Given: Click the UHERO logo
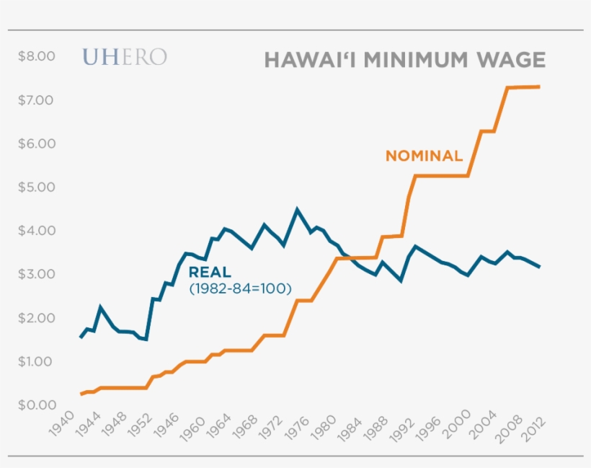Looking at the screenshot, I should click(x=125, y=58).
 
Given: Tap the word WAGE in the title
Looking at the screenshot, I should click(x=514, y=59).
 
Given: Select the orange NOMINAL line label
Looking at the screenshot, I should click(x=424, y=155).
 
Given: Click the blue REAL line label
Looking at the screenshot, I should click(x=210, y=272).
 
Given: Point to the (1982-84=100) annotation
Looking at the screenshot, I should click(x=239, y=288).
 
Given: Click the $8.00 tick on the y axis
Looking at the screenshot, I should click(x=36, y=56).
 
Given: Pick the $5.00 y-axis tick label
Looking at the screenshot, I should click(x=36, y=187).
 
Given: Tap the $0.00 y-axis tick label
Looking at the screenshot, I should click(x=36, y=405).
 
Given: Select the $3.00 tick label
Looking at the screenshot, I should click(x=36, y=274).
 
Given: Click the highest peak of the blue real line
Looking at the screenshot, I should click(x=297, y=210).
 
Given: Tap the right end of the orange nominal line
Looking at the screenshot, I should click(x=539, y=87).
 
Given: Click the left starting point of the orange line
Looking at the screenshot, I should click(x=81, y=394).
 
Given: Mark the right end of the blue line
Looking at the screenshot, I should click(x=539, y=267).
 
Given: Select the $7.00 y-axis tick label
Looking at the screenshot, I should click(x=36, y=100).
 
